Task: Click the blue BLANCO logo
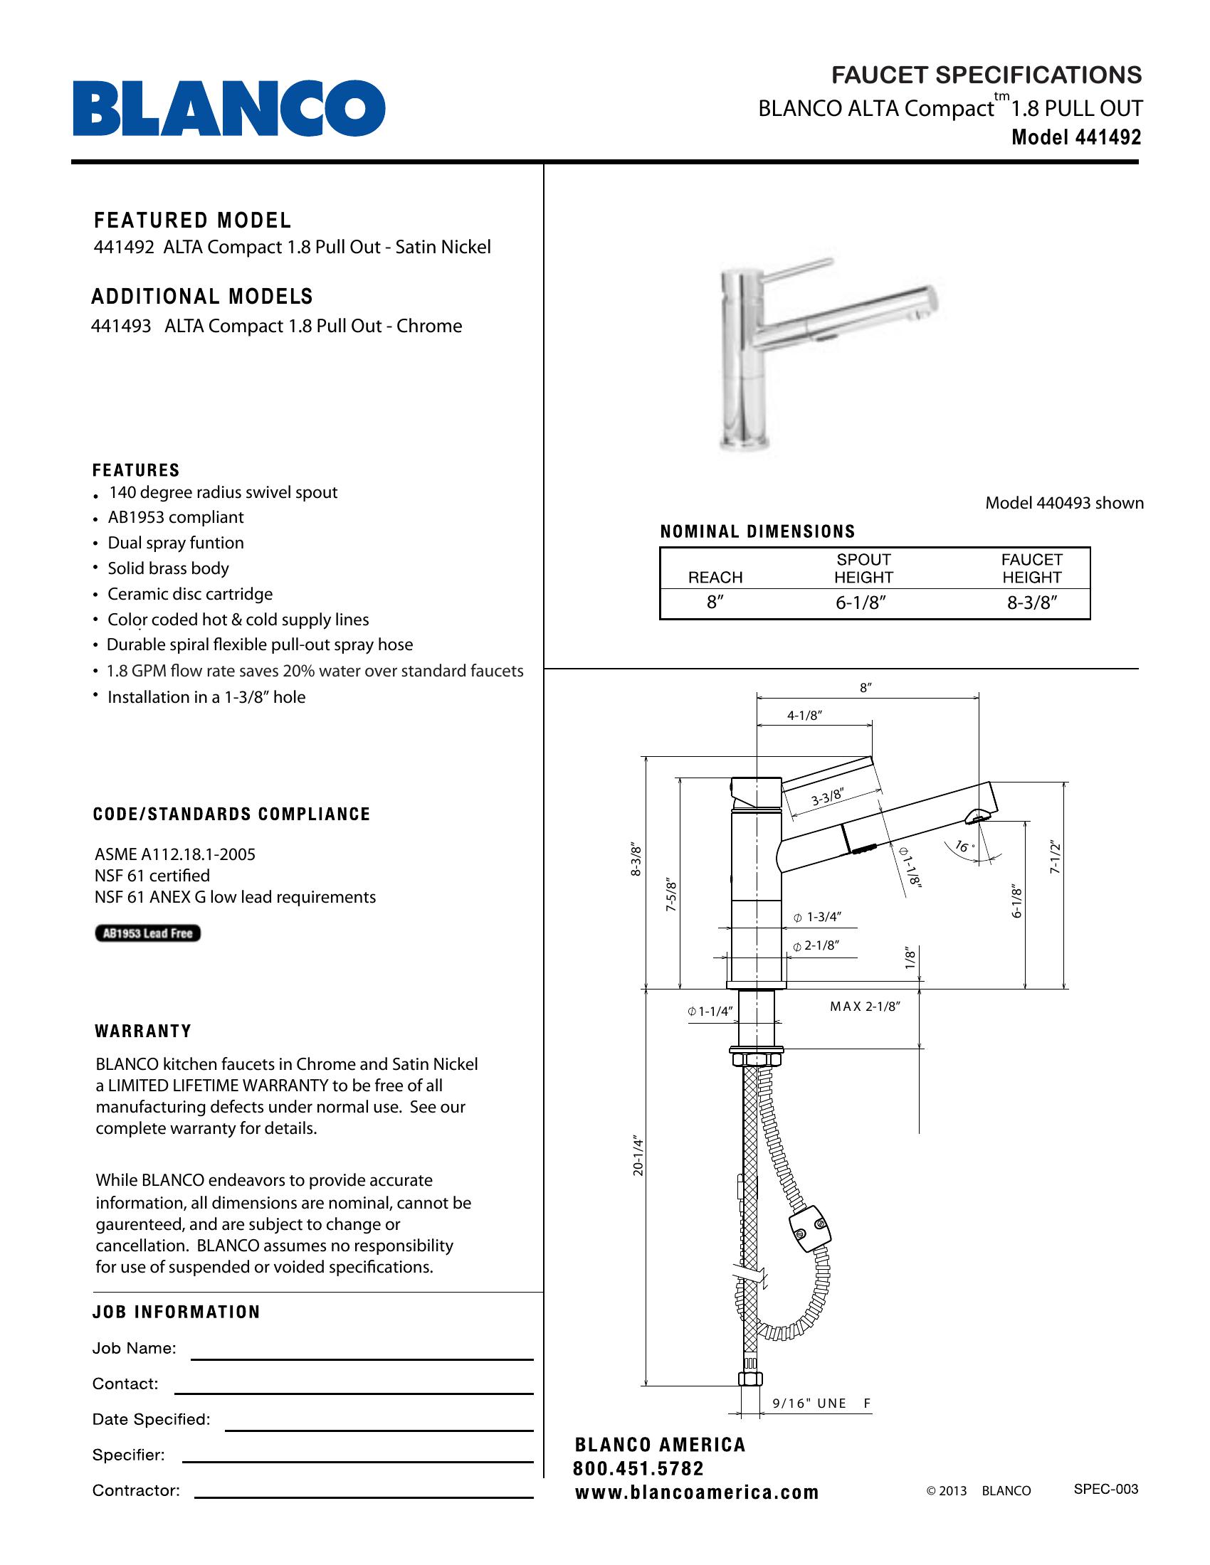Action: pyautogui.click(x=228, y=108)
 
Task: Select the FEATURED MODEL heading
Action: pyautogui.click(x=193, y=220)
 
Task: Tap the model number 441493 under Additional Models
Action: pyautogui.click(x=121, y=326)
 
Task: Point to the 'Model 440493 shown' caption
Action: pyautogui.click(x=1064, y=503)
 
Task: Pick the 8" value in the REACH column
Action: pyautogui.click(x=715, y=603)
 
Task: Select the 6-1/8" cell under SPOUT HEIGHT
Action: pyautogui.click(x=861, y=603)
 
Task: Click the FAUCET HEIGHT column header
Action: pyautogui.click(x=1031, y=568)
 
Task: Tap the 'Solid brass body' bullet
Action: pyautogui.click(x=168, y=568)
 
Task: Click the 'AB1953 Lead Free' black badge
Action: pyautogui.click(x=147, y=933)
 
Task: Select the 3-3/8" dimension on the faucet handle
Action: pyautogui.click(x=827, y=797)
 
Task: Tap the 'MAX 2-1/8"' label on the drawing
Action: pyautogui.click(x=865, y=1007)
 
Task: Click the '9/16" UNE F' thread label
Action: pyautogui.click(x=821, y=1403)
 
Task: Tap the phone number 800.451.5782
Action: pyautogui.click(x=638, y=1469)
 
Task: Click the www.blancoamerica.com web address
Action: pyautogui.click(x=696, y=1492)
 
